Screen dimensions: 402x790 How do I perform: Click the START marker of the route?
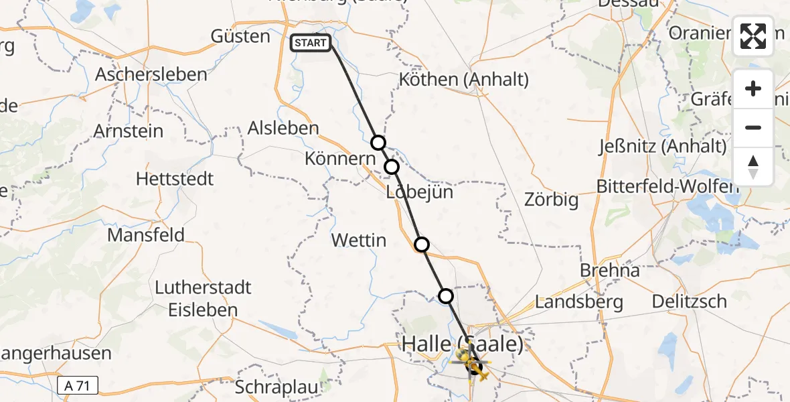[310, 44]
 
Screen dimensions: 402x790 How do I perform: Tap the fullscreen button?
[753, 36]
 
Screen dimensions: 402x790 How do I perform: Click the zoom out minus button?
[753, 127]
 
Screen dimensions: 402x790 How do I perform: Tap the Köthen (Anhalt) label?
[463, 80]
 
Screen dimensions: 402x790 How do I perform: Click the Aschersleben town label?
[151, 74]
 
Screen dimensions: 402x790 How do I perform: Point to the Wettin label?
[359, 240]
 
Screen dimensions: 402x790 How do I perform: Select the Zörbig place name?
[551, 200]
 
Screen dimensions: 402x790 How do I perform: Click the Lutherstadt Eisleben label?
[203, 299]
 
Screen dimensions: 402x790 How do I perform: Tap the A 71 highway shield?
[78, 385]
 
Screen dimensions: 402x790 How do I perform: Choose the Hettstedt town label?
[175, 179]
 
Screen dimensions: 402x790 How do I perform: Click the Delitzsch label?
[690, 301]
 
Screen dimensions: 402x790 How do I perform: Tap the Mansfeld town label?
[146, 235]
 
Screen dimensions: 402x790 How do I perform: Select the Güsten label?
[240, 36]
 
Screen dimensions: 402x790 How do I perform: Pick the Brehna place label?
[610, 271]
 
